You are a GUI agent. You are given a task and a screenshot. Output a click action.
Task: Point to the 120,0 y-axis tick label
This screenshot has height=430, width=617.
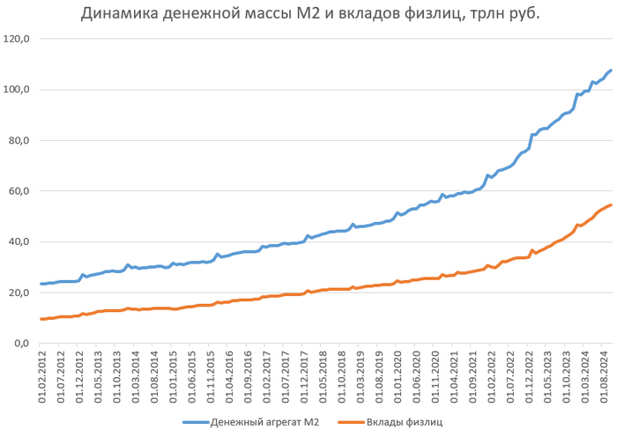(17, 39)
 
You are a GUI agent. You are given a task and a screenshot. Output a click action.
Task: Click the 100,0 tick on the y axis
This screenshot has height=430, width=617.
(17, 90)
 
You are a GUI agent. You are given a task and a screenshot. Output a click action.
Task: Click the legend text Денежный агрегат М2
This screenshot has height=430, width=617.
(264, 422)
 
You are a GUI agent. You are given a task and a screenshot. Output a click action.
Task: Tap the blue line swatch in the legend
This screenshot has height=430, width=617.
(194, 422)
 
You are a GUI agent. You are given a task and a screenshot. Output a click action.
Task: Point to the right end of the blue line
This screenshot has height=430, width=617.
(611, 70)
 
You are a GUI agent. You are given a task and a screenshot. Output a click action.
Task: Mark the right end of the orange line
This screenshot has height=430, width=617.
(611, 205)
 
